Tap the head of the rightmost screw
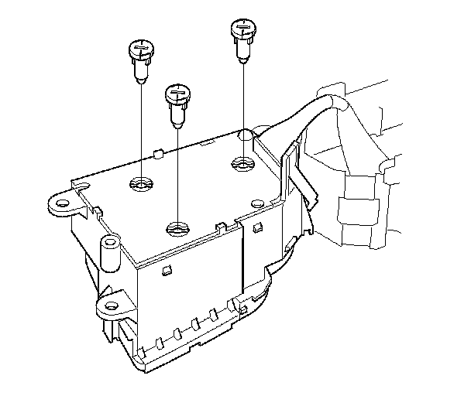click(243, 31)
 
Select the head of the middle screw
click(177, 94)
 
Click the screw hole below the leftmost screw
click(142, 184)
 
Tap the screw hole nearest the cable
click(242, 163)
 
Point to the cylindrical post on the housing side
click(111, 256)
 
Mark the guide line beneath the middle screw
click(177, 170)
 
